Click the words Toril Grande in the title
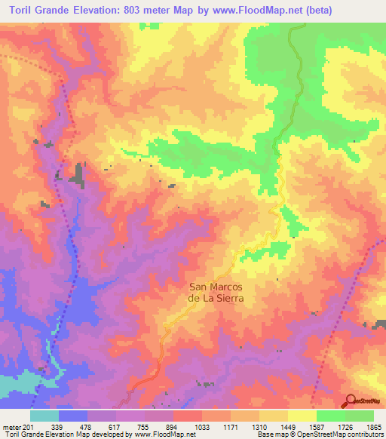[x=38, y=10]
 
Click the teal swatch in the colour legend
[x=44, y=416]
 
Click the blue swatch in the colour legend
[x=73, y=416]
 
